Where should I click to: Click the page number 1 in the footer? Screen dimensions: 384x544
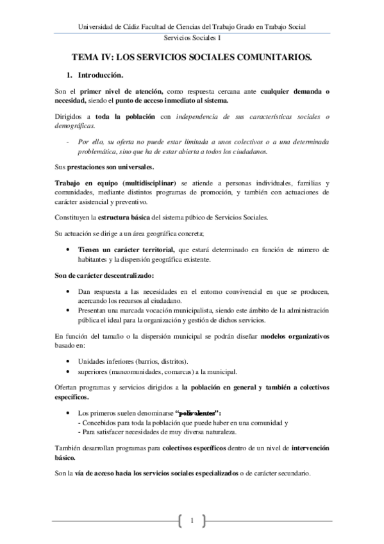pos(192,518)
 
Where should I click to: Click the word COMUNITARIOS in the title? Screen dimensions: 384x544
pos(271,58)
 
